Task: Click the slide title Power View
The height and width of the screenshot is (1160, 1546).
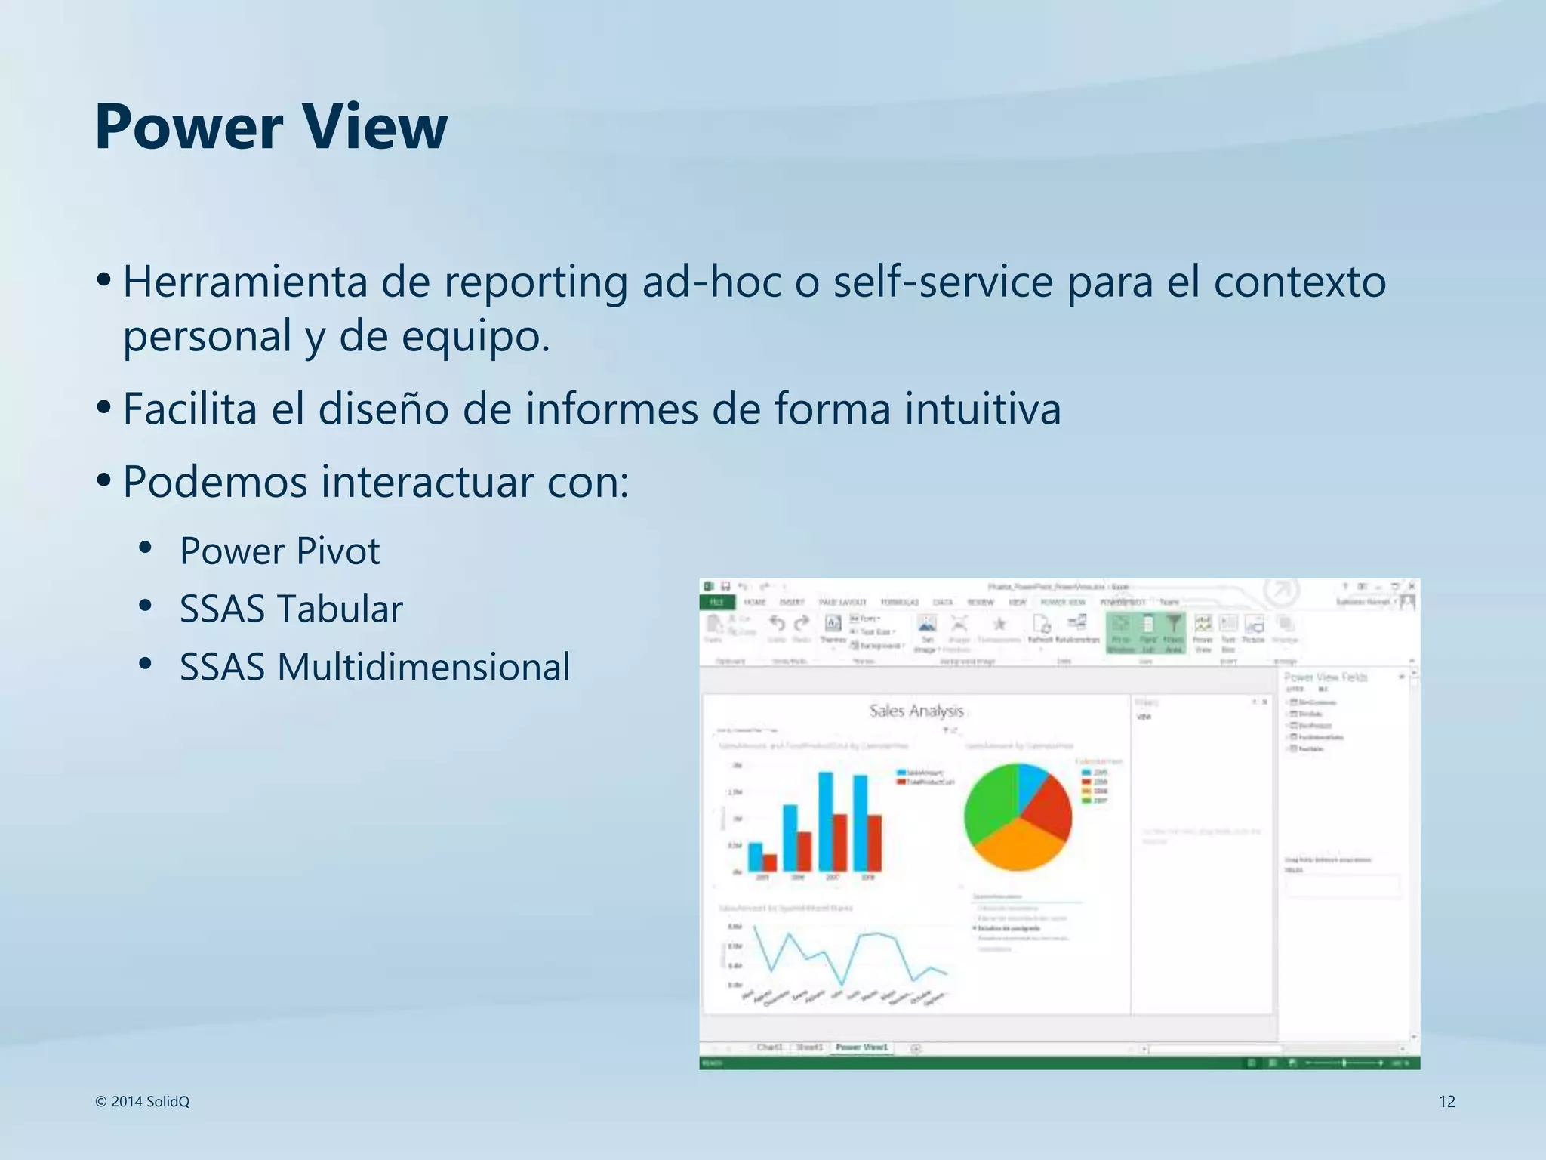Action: (270, 127)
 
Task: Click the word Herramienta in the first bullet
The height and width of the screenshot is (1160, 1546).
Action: (245, 282)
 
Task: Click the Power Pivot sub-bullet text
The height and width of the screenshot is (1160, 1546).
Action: (279, 551)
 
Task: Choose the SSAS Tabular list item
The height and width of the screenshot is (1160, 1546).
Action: (291, 609)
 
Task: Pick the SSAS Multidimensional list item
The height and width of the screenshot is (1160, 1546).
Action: (374, 667)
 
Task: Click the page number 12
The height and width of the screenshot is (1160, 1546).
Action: (1446, 1101)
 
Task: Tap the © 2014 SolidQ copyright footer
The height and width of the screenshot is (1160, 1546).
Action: (142, 1101)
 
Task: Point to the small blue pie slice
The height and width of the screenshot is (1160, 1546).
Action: (1031, 782)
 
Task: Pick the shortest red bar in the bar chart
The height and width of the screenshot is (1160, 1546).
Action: (769, 862)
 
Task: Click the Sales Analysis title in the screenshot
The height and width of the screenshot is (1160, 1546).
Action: (916, 711)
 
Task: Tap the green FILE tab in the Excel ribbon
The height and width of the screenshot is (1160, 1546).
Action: (716, 602)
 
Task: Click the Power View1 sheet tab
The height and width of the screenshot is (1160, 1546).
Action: (861, 1047)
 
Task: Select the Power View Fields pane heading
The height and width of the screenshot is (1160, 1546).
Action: (1326, 677)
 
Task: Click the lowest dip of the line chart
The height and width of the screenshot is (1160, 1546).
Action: (842, 985)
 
